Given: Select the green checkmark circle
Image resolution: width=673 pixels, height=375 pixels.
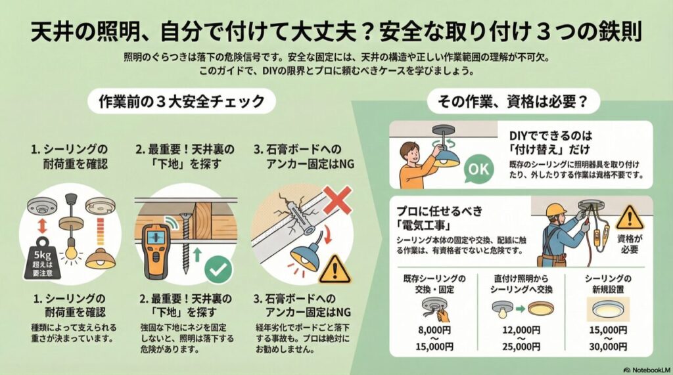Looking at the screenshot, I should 217,269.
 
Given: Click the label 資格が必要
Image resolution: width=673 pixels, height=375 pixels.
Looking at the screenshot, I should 628,244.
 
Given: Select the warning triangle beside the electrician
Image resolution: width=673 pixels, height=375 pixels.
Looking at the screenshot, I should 630,217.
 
